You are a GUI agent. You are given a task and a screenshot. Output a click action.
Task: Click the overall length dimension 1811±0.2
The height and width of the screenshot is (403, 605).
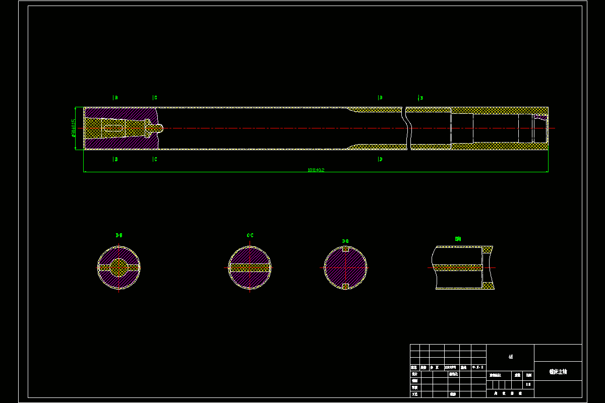coord(316,170)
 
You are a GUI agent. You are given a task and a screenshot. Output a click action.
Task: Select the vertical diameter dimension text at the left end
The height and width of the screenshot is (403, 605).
coord(74,128)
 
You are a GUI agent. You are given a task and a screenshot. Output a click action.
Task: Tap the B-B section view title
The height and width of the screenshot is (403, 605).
coord(119,235)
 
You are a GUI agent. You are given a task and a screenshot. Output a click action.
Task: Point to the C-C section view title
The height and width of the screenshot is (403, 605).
coord(250,235)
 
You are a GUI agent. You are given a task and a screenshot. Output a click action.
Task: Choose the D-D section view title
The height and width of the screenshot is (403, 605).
coord(345,241)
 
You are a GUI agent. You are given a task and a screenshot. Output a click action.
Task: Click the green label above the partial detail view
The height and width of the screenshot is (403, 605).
coord(458,239)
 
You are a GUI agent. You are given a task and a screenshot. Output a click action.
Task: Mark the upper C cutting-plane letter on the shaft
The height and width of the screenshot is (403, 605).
coord(155,98)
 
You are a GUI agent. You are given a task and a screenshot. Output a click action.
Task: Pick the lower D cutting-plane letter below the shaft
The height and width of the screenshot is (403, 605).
coord(380,159)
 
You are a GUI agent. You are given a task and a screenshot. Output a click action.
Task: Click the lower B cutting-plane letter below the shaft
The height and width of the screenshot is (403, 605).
coord(115,159)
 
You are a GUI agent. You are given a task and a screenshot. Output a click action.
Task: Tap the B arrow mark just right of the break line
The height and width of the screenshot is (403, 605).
coord(420,98)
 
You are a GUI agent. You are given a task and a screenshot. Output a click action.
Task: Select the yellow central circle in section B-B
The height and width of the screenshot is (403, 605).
coord(119,267)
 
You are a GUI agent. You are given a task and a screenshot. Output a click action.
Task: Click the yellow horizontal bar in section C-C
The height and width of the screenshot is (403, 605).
coord(250,267)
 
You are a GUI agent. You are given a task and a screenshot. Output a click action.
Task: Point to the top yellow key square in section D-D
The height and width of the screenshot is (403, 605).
coord(345,249)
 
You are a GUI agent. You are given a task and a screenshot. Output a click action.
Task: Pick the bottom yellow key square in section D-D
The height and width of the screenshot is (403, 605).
coord(345,287)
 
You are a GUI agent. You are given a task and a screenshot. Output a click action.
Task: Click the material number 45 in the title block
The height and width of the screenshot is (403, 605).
coord(510,357)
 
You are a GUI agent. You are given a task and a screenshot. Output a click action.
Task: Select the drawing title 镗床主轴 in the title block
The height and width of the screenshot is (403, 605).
coord(558,372)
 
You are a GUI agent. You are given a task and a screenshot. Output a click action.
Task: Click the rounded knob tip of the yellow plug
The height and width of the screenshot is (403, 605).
coord(159,128)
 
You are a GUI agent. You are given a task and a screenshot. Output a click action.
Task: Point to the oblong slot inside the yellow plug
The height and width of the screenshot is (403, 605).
coord(115,128)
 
